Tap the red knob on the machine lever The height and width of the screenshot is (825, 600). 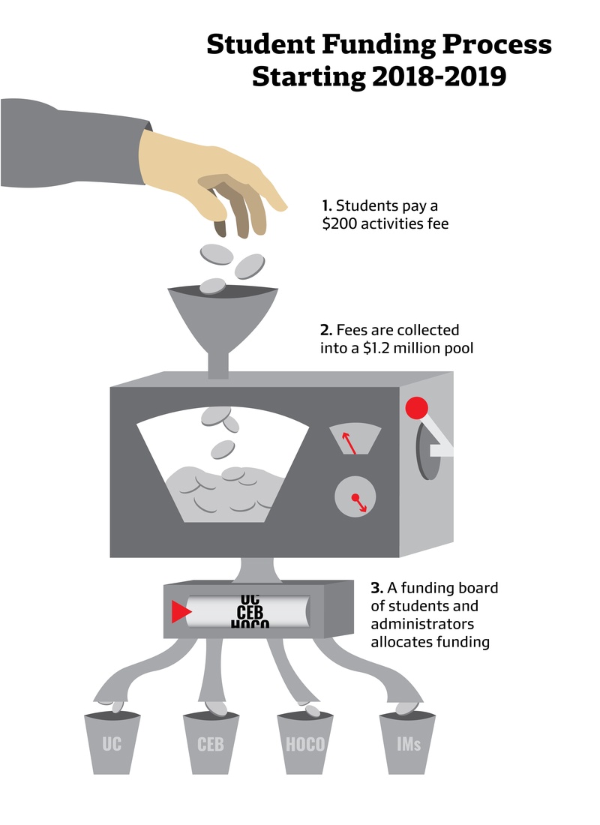click(416, 408)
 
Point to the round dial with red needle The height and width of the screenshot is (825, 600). click(355, 498)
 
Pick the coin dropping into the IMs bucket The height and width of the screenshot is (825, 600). click(405, 708)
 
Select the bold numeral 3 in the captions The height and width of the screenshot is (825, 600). click(376, 588)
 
